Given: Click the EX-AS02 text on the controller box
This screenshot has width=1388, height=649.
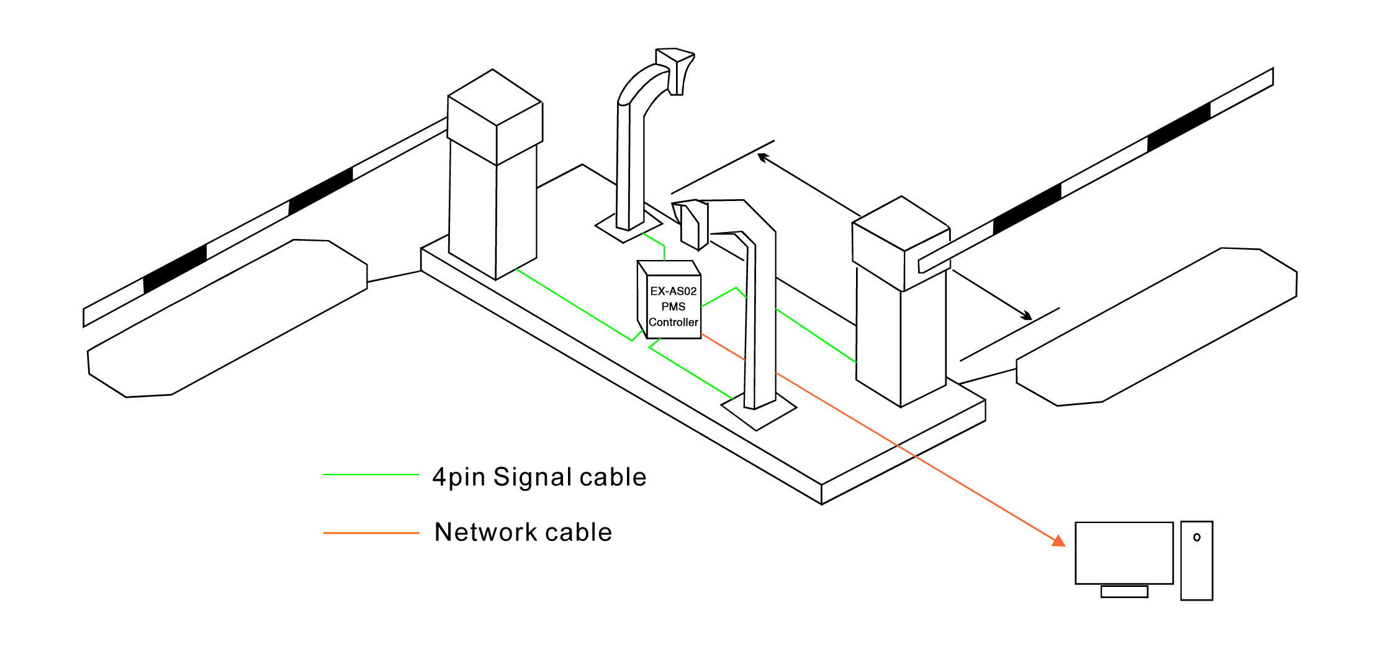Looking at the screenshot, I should [674, 291].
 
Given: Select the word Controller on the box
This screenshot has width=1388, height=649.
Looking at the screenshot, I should [674, 323].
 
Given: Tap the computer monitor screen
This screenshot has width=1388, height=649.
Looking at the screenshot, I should [1124, 553].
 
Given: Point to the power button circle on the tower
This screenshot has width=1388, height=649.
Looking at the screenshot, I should [1197, 537].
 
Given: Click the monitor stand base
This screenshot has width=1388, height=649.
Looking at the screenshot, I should [1124, 592].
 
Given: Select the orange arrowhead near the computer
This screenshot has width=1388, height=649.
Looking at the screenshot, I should [1058, 541].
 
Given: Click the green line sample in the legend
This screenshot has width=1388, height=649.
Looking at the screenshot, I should [371, 475].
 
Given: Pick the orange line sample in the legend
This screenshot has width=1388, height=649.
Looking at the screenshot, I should [371, 533].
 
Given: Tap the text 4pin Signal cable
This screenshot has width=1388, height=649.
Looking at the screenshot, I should [539, 477].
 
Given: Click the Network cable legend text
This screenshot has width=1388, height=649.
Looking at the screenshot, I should [523, 532].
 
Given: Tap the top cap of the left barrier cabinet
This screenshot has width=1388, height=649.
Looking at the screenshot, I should [495, 99].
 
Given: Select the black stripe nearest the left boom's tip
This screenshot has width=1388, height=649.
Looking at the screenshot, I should [175, 269].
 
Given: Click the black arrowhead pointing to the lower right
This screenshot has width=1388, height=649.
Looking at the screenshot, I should [1027, 316].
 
